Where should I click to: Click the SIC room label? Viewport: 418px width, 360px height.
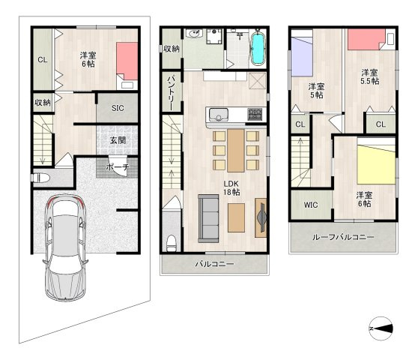pyautogui.click(x=118, y=108)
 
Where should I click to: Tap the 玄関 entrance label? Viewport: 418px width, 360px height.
pyautogui.click(x=118, y=140)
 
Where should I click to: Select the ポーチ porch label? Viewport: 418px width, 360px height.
pyautogui.click(x=118, y=167)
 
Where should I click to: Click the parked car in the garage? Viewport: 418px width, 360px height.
pyautogui.click(x=65, y=247)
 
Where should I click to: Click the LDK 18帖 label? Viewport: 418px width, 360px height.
pyautogui.click(x=231, y=187)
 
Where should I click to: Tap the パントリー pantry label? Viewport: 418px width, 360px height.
pyautogui.click(x=171, y=94)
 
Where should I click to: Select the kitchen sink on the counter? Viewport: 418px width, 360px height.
pyautogui.click(x=219, y=115)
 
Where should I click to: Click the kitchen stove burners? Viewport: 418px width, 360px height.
pyautogui.click(x=255, y=114)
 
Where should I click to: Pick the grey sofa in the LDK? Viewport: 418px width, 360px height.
pyautogui.click(x=208, y=218)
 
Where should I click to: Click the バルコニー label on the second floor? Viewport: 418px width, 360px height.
pyautogui.click(x=215, y=264)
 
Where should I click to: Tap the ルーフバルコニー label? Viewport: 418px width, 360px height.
pyautogui.click(x=343, y=237)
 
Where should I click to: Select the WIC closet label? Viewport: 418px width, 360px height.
pyautogui.click(x=311, y=205)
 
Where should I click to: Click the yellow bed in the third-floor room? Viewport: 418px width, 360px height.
pyautogui.click(x=376, y=165)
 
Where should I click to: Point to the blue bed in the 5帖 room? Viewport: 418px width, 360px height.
pyautogui.click(x=302, y=56)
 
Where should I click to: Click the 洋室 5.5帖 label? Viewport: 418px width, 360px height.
pyautogui.click(x=370, y=76)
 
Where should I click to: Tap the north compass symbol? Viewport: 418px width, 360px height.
pyautogui.click(x=381, y=328)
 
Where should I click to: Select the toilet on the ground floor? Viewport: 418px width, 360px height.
pyautogui.click(x=40, y=178)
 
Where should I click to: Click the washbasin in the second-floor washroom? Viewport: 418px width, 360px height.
pyautogui.click(x=194, y=34)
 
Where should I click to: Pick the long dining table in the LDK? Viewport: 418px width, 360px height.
pyautogui.click(x=236, y=151)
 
